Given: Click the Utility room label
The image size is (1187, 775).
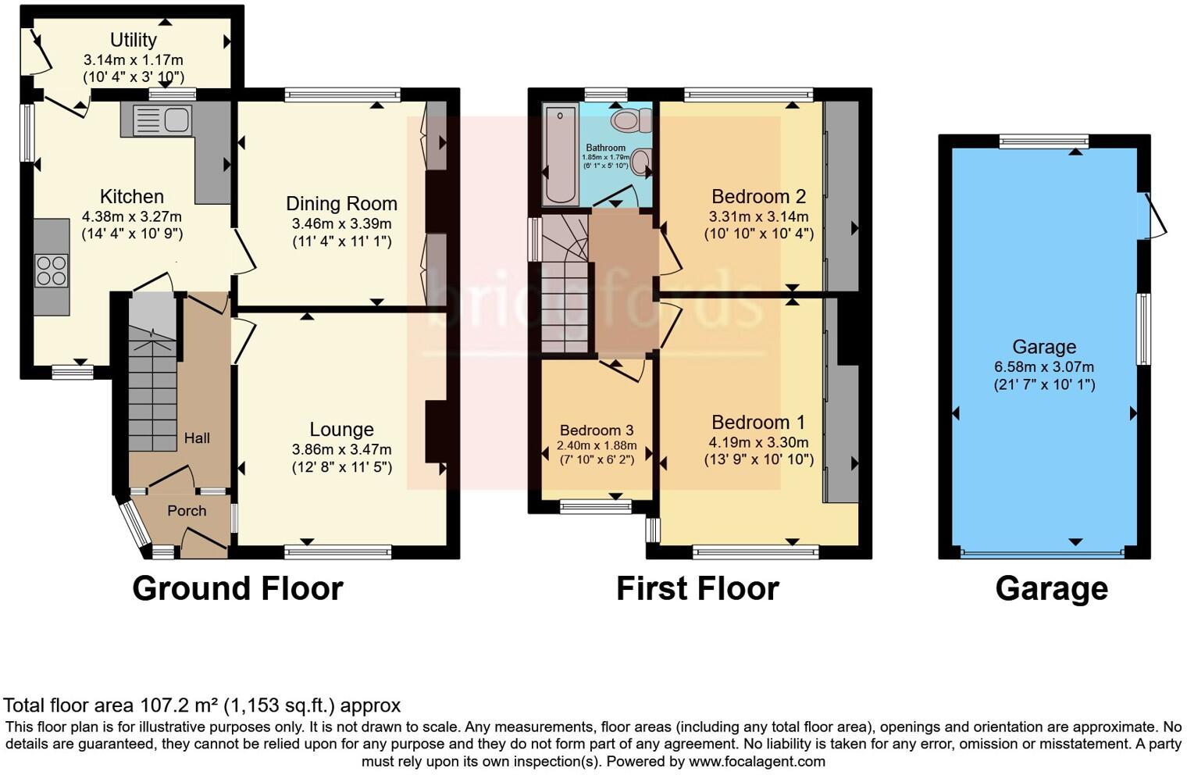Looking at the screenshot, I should point(133,40).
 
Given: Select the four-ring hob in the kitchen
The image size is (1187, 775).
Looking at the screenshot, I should point(52,270).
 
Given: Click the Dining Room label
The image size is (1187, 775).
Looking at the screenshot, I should point(341,204).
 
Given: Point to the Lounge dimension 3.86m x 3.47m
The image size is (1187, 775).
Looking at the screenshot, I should point(341,449).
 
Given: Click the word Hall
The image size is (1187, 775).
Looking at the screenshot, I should point(197,438).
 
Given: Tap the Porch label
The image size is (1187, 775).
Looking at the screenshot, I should point(187,511).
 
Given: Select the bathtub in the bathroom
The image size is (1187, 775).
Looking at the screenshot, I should point(559,155).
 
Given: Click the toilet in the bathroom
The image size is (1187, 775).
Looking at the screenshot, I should point(631,120).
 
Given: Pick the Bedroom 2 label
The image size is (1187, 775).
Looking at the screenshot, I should point(758,197).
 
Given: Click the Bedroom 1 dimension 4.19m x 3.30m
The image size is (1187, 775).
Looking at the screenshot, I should point(758,442).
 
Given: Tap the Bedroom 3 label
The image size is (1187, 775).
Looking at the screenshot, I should point(597,430).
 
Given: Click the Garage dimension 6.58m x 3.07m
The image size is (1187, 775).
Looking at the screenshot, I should point(1044,366).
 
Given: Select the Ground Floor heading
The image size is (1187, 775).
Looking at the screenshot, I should point(237,589).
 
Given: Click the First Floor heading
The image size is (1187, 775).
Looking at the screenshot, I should point(697,589).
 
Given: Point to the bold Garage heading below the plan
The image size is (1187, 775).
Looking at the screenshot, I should point(1051,589).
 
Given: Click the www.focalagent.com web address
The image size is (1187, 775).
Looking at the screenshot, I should point(757,761).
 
